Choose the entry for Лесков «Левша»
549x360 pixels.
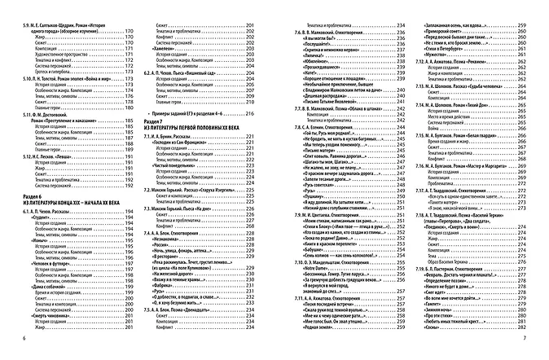(68, 178)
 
